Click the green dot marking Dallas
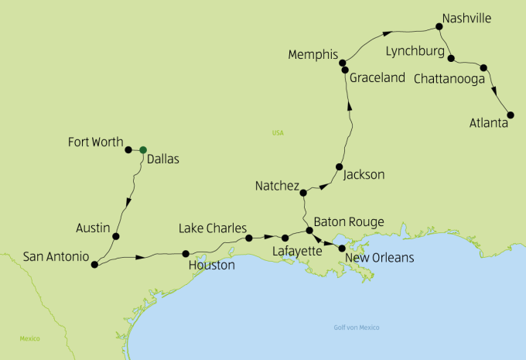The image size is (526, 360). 143,149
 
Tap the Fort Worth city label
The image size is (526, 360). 95,142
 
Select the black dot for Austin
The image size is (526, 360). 116,237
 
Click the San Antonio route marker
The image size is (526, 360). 94,264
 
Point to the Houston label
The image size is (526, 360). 211,265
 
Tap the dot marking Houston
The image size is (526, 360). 185,253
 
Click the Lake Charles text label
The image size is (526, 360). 212,229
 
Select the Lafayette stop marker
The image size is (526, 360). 285,238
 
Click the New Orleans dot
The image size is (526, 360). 342,249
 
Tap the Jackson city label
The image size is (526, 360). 363,175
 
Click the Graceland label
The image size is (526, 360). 377,78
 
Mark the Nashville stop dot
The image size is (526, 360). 439,27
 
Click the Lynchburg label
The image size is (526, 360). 415,52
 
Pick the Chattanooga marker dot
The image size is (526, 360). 483,67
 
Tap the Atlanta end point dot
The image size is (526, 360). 510,115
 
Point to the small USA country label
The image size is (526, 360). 278,133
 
